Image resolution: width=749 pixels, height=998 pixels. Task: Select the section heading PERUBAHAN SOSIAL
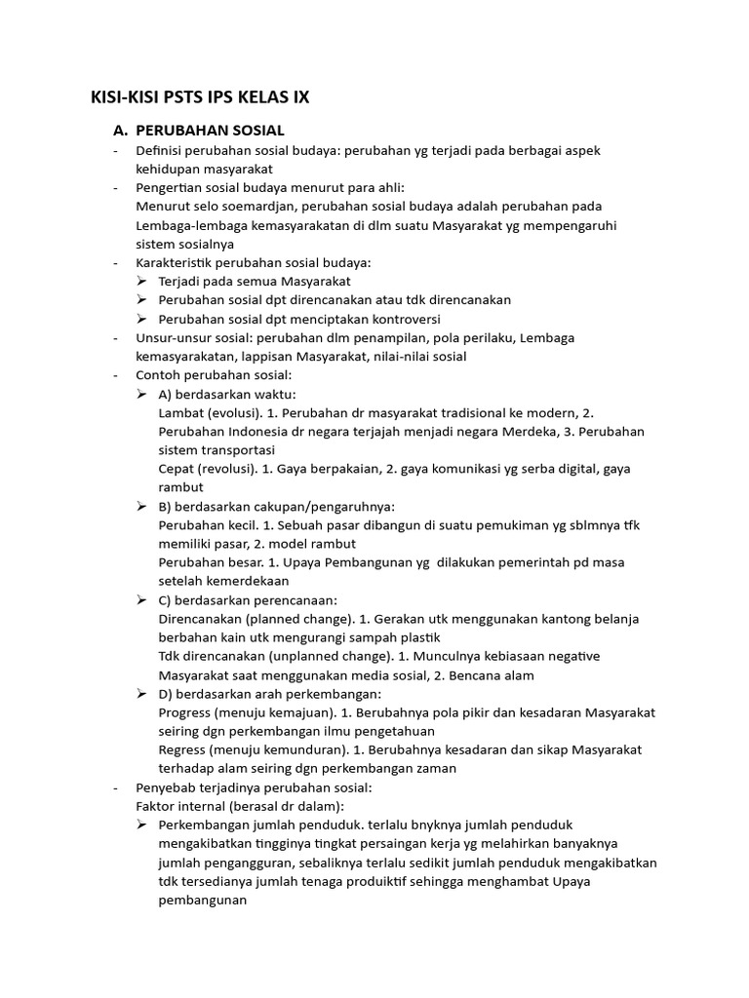[x=210, y=130]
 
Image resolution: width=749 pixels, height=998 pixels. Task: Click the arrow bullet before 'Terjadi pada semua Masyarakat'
[x=142, y=282]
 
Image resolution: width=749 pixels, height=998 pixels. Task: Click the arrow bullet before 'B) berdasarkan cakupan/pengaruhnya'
[x=142, y=507]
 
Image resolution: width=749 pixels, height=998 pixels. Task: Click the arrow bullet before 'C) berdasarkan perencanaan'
[x=142, y=600]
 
